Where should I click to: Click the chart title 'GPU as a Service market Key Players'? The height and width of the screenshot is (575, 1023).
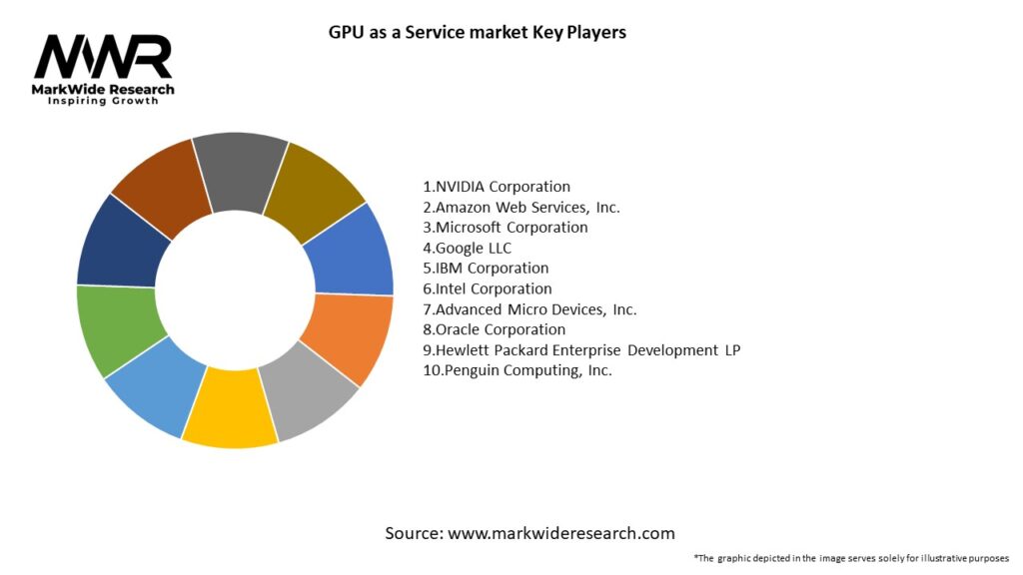(477, 33)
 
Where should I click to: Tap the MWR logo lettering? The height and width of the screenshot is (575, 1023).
(103, 57)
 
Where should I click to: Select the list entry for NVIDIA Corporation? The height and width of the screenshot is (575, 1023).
(497, 187)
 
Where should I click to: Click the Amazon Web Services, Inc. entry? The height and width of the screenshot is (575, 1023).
(521, 207)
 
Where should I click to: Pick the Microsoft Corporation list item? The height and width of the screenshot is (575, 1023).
(506, 228)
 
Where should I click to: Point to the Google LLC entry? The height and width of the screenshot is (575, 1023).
(468, 248)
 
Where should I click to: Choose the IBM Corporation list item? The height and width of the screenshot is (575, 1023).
(486, 269)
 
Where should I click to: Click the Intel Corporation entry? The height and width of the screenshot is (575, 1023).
(488, 288)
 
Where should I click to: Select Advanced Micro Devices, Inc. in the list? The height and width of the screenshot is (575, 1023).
(529, 309)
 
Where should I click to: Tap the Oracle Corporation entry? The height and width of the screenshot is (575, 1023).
(494, 329)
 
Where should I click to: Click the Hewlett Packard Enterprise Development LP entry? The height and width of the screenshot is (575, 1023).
(581, 349)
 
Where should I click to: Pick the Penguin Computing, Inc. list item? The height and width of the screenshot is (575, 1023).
(517, 370)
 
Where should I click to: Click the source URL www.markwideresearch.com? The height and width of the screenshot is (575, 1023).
(561, 533)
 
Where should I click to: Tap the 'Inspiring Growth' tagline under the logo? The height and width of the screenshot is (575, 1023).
(103, 102)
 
